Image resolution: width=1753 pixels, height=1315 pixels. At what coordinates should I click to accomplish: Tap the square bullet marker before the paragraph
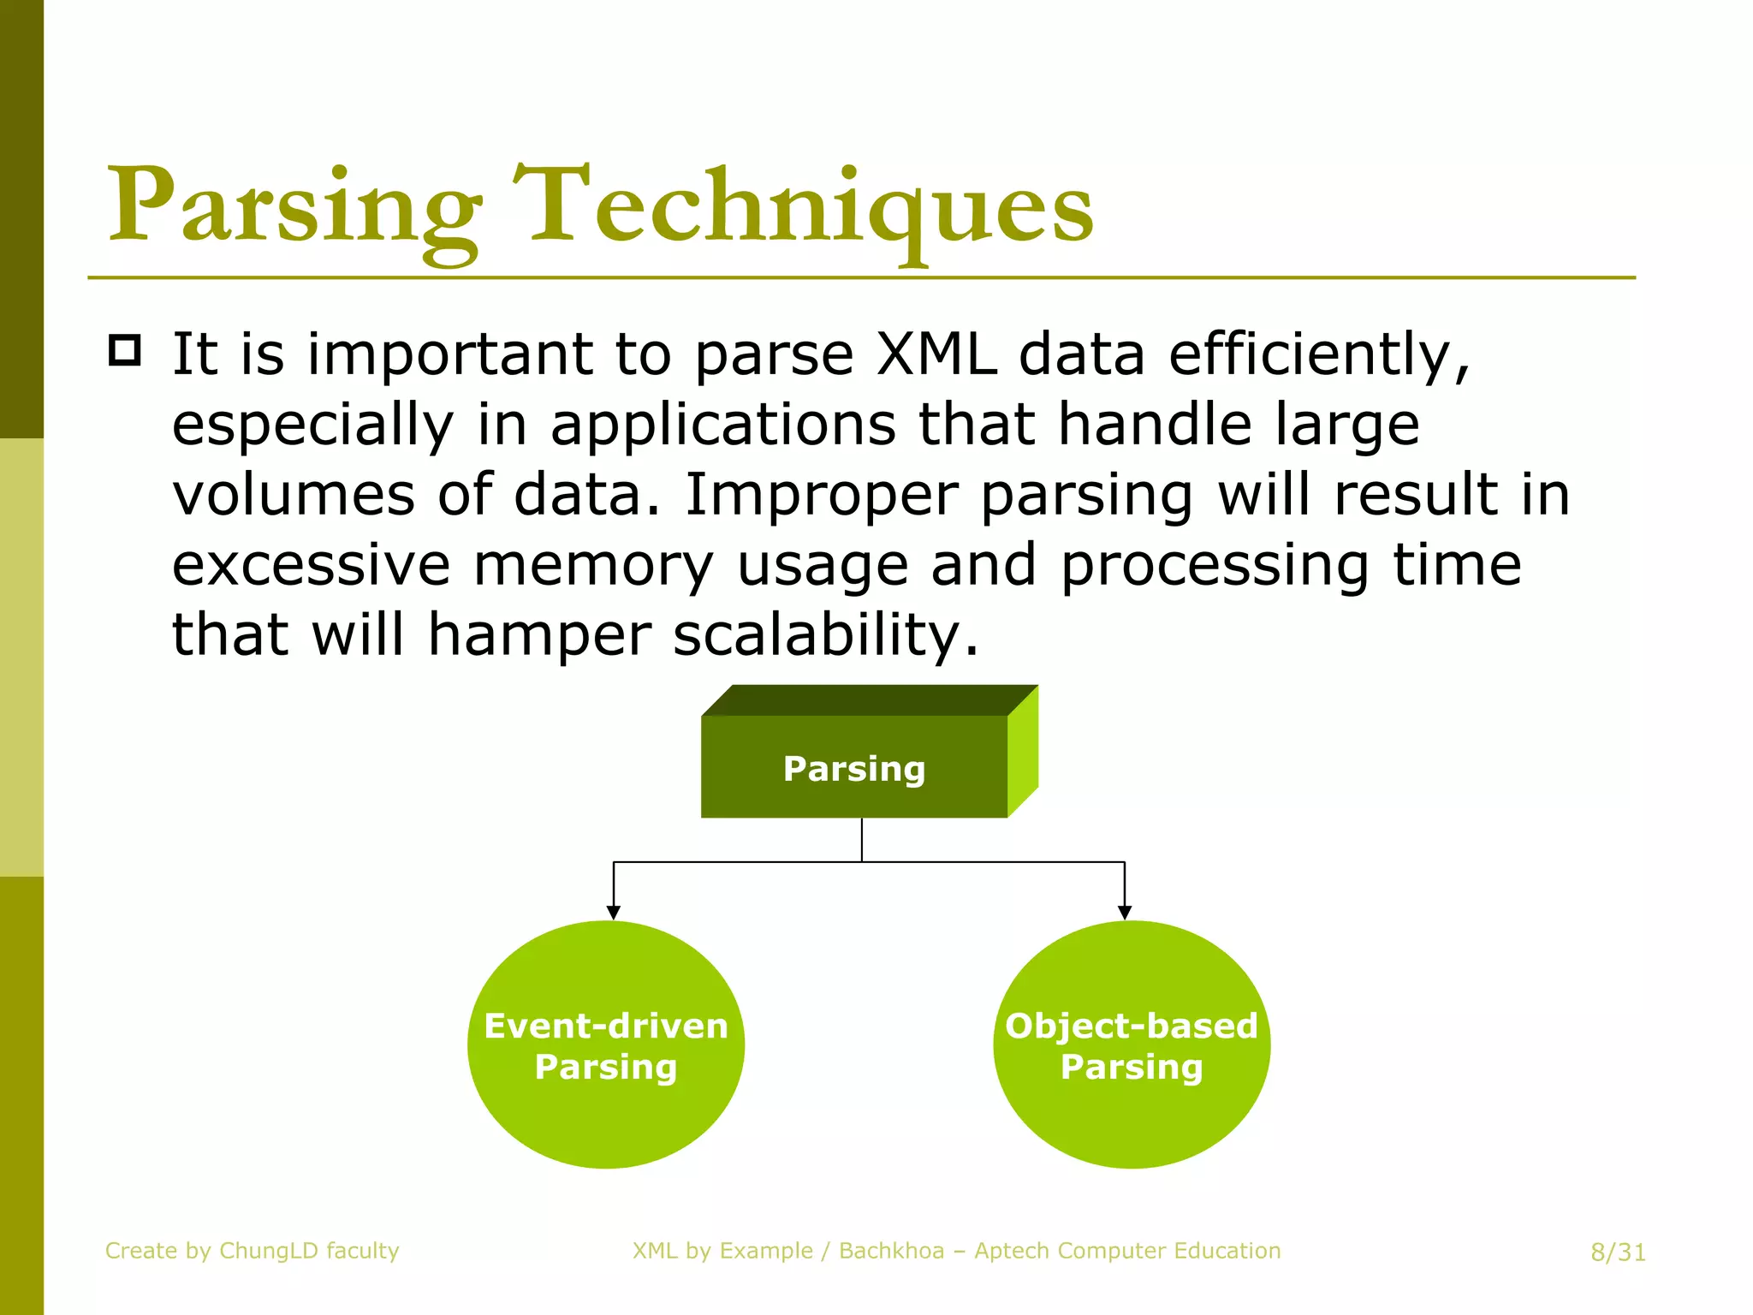(125, 351)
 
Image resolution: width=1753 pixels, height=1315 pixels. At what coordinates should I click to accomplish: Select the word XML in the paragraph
(936, 354)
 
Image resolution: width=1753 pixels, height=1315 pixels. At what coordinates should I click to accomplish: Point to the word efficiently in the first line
(1318, 354)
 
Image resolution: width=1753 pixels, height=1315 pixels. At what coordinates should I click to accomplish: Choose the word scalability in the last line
(824, 635)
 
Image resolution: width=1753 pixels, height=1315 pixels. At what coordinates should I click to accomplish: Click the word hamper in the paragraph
(538, 635)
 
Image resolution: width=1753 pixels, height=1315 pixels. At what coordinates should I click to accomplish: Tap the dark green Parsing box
(853, 768)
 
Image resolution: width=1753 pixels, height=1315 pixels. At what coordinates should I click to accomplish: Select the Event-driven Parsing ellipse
(606, 1044)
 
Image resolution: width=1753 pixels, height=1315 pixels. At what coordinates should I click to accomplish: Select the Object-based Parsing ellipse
(1131, 1044)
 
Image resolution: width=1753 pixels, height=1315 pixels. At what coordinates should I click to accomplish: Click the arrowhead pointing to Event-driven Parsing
(613, 913)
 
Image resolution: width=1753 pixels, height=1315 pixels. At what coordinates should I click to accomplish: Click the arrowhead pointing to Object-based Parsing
(1125, 913)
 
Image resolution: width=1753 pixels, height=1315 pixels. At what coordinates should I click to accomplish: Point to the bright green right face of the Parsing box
(1023, 752)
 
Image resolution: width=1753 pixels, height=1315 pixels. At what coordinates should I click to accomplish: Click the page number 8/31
(1618, 1253)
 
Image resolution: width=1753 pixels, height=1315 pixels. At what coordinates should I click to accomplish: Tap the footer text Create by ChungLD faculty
(253, 1251)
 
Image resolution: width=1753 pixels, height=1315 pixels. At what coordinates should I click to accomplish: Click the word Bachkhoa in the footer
(891, 1251)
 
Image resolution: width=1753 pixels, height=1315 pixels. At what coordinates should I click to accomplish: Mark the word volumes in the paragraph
(294, 495)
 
